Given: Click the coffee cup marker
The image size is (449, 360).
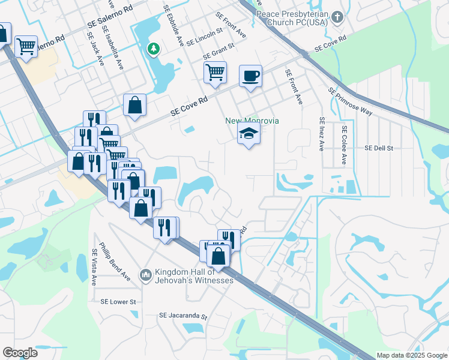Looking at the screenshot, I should pos(250,76).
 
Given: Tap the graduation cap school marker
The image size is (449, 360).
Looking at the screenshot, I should pos(249,134).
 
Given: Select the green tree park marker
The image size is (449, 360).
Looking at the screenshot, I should pos(154,49).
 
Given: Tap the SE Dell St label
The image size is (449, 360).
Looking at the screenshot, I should pos(378,148).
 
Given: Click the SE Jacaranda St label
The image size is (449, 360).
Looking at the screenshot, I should pos(182,316).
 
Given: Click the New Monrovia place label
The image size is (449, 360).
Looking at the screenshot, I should pos(252,121).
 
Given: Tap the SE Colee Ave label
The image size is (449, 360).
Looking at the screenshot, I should pos(344,145).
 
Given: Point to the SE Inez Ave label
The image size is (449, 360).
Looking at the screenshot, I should pos(322,134).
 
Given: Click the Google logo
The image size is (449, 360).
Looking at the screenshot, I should pos(20,352).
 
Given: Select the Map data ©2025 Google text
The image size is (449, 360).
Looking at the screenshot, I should pos(411,355).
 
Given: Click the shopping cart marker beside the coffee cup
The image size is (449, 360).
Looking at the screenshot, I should pos(215,73).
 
